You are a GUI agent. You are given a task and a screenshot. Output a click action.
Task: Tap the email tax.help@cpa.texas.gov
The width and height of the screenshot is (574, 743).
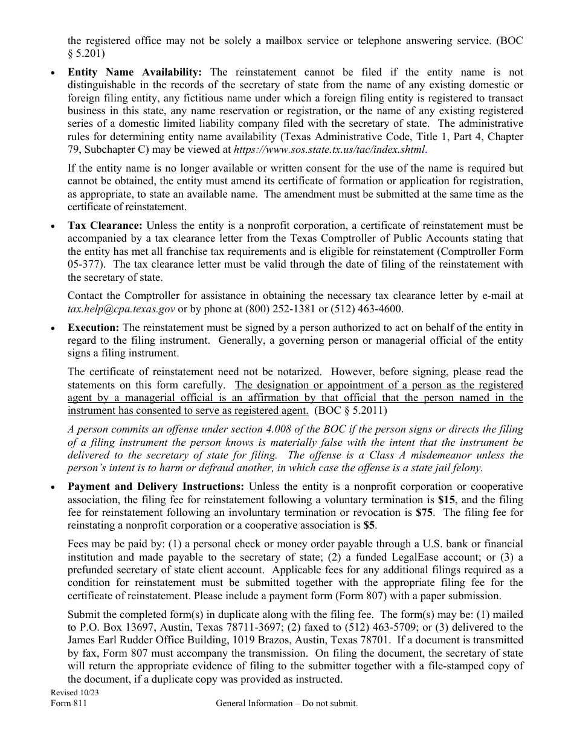tap(121, 309)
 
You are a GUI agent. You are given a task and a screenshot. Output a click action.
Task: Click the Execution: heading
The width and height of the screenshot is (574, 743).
tap(94, 327)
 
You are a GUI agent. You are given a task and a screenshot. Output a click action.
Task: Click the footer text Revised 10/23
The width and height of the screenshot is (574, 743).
tap(74, 693)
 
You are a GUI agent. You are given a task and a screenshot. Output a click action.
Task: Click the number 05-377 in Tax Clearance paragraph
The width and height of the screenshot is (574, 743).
tap(81, 265)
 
